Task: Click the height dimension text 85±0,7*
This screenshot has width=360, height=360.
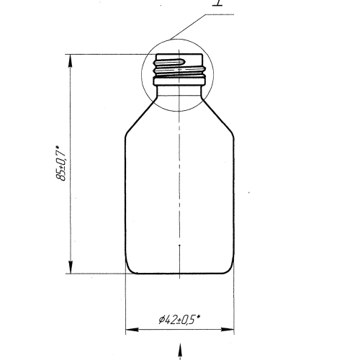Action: pyautogui.click(x=60, y=163)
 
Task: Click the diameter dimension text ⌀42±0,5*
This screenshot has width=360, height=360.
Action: pyautogui.click(x=179, y=320)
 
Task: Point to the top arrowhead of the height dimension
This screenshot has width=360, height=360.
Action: pyautogui.click(x=71, y=60)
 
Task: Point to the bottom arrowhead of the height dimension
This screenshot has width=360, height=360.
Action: pyautogui.click(x=71, y=267)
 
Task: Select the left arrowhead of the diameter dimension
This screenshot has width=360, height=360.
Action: pyautogui.click(x=132, y=330)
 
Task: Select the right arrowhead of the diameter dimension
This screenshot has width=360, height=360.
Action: pyautogui.click(x=228, y=330)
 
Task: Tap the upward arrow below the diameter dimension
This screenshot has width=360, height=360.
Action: pyautogui.click(x=179, y=351)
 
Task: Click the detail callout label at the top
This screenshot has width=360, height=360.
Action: pyautogui.click(x=218, y=3)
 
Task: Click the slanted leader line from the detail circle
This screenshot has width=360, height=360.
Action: pyautogui.click(x=189, y=27)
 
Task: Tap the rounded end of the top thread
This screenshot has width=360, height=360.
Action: pyautogui.click(x=183, y=62)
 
